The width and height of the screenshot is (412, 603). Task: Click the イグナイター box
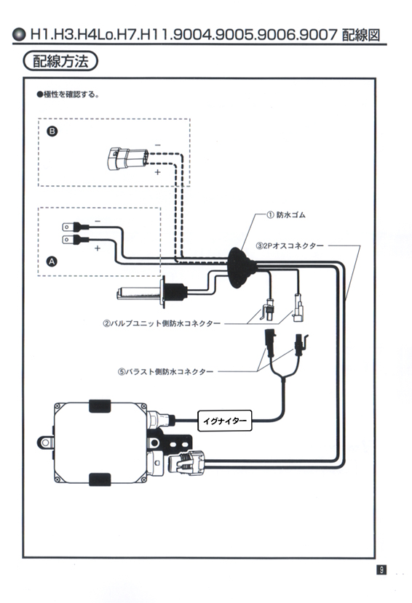click(225, 421)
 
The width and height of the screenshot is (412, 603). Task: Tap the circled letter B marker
click(52, 131)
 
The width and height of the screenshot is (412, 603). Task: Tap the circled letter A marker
click(52, 262)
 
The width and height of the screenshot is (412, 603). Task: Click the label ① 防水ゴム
click(286, 215)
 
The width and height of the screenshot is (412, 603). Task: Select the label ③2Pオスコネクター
click(290, 246)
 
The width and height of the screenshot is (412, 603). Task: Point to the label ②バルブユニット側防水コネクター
click(162, 324)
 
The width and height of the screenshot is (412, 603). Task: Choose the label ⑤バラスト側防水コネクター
click(166, 372)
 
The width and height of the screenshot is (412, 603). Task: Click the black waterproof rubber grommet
click(239, 267)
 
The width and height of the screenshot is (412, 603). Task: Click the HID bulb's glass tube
click(139, 294)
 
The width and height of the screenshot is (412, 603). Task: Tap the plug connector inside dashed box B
click(127, 158)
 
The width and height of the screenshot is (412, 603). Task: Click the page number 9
click(381, 570)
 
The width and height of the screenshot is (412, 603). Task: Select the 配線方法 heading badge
click(60, 62)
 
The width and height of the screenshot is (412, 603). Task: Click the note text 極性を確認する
click(68, 94)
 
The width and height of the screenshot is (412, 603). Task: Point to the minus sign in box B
click(158, 145)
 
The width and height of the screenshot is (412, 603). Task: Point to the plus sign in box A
click(98, 248)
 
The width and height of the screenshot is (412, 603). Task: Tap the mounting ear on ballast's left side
click(45, 442)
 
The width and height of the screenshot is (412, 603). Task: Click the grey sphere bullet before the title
click(18, 35)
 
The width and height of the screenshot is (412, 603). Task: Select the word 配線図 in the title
click(361, 35)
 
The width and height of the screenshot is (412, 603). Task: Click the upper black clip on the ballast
click(100, 406)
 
